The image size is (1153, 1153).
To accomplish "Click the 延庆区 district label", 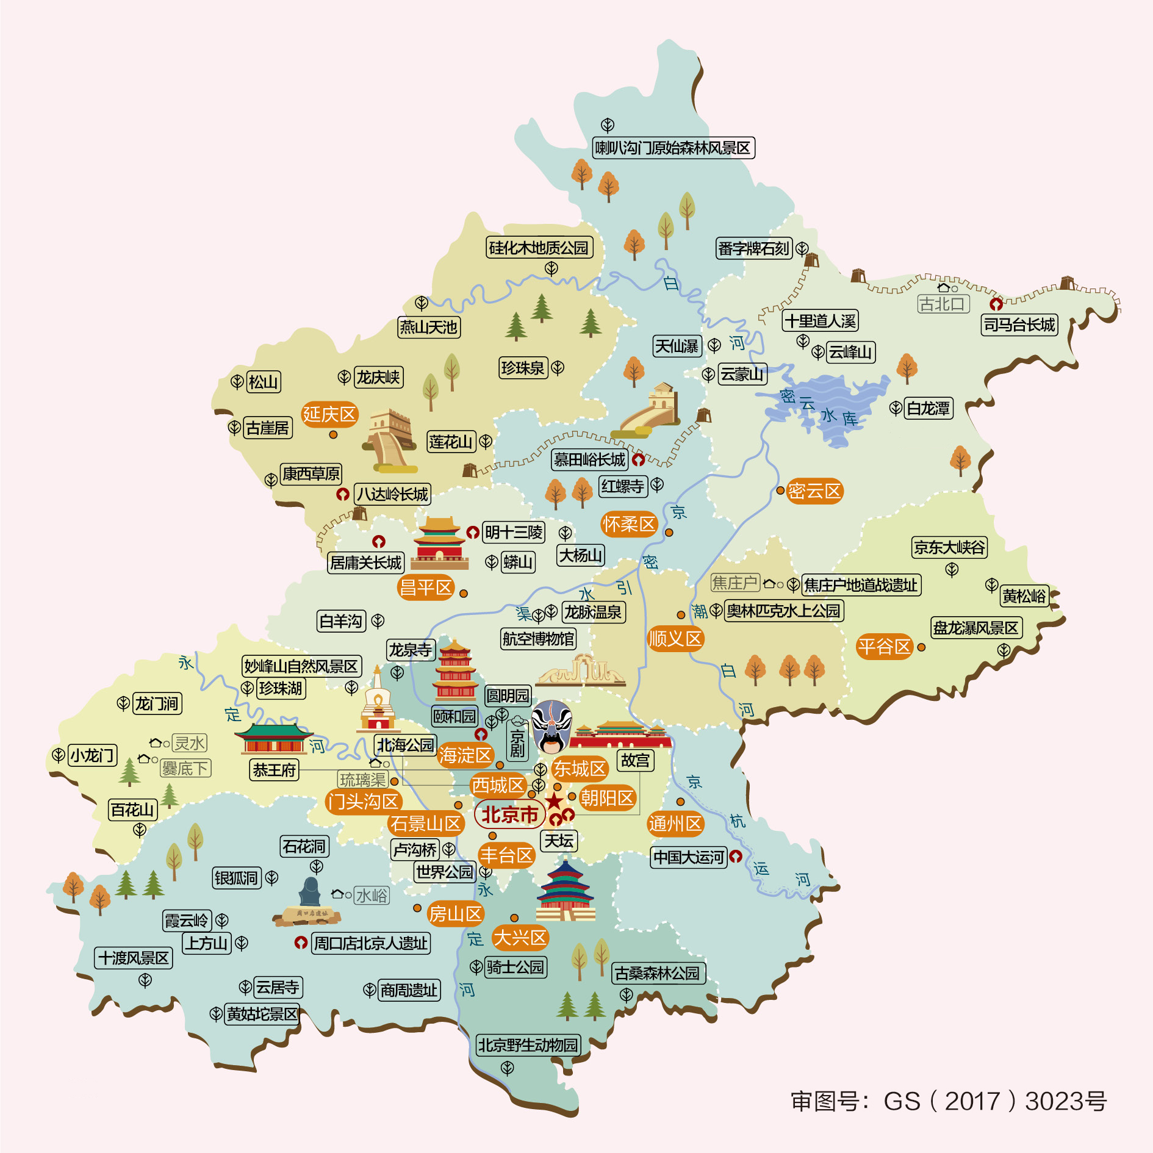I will tap(329, 415).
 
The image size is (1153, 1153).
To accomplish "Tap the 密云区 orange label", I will tap(814, 491).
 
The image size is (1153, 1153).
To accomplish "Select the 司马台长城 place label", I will tap(1019, 325).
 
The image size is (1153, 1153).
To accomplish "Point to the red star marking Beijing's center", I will tap(554, 801).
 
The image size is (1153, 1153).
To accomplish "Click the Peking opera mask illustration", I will tap(551, 726).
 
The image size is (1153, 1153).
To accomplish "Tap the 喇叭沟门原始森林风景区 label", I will tap(673, 148).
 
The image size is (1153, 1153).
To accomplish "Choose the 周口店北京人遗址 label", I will tap(370, 943).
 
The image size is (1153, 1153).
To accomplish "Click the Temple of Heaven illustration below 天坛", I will tap(566, 891).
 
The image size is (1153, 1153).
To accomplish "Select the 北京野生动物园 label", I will tap(528, 1045).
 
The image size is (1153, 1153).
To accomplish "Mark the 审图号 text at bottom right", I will tap(949, 1101).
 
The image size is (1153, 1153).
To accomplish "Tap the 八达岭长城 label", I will tap(392, 494).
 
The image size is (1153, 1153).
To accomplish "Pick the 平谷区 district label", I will tap(884, 647).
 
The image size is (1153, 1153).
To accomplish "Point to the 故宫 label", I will tap(636, 760).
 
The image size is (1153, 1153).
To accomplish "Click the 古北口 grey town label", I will tap(943, 304).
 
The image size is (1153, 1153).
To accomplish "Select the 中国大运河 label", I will tap(688, 857).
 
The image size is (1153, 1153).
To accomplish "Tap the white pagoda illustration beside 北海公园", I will tap(378, 702).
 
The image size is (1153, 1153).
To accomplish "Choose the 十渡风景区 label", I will tap(134, 958).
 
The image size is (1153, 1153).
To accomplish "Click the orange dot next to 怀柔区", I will tap(669, 533).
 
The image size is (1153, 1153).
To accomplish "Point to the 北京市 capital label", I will tap(510, 814).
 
